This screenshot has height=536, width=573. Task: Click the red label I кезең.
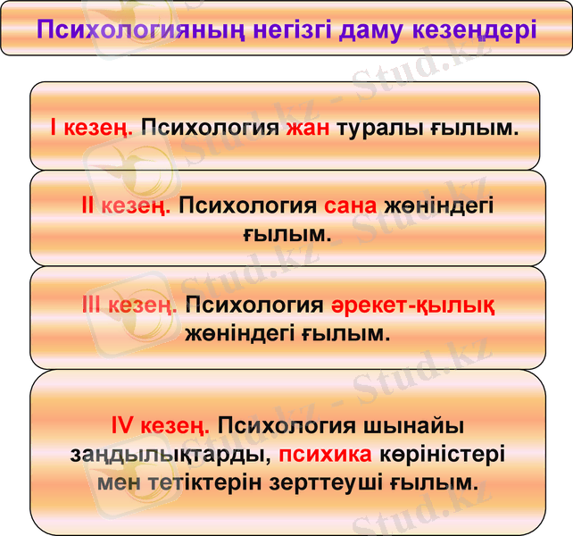pos(92,128)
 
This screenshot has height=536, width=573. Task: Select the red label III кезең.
pos(129,306)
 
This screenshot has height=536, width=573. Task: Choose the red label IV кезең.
pos(161,424)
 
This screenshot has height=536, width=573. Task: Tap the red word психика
pos(325,454)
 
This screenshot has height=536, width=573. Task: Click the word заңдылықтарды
pos(170,454)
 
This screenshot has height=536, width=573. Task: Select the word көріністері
pos(442,454)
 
